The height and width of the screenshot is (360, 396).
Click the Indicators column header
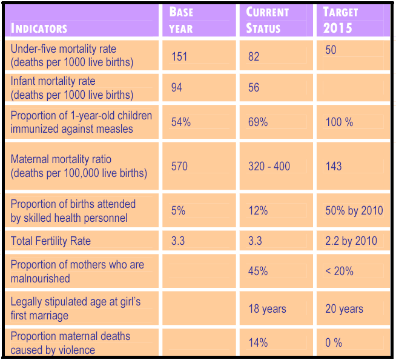39,28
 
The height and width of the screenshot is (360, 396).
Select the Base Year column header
181,21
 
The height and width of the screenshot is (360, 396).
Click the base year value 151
179,56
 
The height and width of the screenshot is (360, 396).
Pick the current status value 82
254,56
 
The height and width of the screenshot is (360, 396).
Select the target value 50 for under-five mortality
331,50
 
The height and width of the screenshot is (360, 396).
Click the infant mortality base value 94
177,87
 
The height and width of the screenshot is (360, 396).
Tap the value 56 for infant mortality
254,88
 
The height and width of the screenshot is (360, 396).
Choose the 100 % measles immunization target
339,122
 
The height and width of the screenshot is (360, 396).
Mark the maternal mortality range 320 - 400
269,166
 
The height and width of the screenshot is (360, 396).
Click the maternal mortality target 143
334,166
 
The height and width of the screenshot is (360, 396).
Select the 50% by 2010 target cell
354,211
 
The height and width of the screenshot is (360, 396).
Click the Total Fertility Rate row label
51,241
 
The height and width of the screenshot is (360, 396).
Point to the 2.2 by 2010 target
351,241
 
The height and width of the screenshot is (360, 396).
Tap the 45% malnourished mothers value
258,271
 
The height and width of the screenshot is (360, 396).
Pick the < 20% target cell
339,271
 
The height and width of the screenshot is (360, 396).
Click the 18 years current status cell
267,308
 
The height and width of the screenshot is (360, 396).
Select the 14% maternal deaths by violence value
257,342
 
